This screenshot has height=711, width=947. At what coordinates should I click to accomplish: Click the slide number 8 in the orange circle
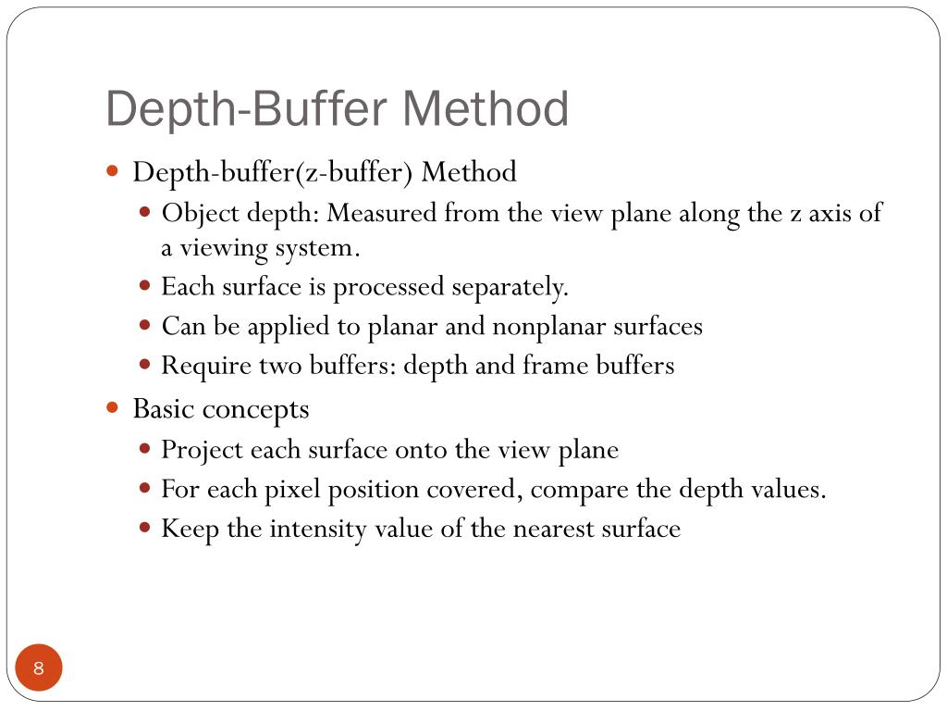39,668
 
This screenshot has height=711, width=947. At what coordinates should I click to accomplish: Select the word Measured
381,214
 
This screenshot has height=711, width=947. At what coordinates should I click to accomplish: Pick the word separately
510,287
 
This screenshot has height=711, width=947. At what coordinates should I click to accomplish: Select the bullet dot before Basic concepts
113,407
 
